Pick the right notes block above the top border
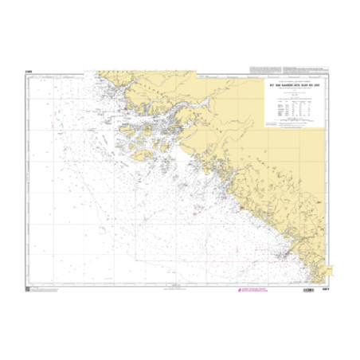306,67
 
